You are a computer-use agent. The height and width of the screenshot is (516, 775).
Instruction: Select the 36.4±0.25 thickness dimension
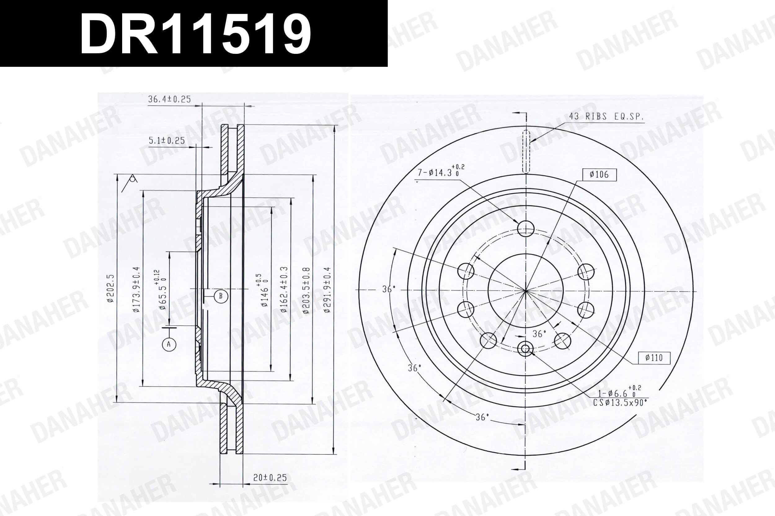169,99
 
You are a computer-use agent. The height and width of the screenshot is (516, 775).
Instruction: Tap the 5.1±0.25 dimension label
167,141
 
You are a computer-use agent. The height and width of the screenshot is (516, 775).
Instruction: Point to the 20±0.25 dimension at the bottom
270,478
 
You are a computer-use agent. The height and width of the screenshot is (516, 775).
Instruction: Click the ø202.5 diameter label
110,288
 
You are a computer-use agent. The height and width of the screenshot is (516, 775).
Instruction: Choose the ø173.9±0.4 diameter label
136,290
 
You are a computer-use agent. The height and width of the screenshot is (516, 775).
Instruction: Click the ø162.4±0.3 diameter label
284,290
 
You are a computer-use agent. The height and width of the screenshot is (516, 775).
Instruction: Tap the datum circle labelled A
169,345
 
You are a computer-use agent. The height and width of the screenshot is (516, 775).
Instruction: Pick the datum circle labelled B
220,296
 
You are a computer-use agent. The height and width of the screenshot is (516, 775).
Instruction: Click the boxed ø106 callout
599,174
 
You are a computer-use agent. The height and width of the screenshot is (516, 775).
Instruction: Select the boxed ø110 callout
654,358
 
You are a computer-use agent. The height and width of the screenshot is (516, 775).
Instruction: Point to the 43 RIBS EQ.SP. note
606,116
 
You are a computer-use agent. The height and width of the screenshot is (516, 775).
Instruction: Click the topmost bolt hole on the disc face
525,228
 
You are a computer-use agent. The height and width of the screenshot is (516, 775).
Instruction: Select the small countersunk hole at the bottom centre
525,349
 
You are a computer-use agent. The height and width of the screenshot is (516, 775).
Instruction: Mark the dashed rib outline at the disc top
526,151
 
